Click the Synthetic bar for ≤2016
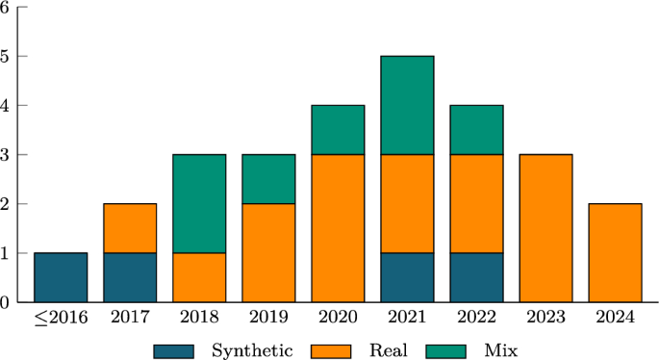tap(61, 277)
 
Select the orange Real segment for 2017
tap(130, 228)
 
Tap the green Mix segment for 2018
tap(199, 203)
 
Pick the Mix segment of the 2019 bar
tap(268, 179)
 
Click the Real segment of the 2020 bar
tap(338, 228)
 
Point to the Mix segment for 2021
tap(407, 105)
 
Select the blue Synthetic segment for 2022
tap(476, 277)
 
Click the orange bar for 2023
tap(545, 228)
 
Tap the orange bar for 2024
tap(615, 252)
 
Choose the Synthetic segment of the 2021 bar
tap(407, 277)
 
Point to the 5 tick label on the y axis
tap(6, 56)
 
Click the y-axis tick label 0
tap(6, 302)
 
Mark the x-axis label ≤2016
tap(60, 319)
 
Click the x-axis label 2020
tap(338, 319)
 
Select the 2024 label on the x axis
tap(615, 319)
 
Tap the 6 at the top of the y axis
tap(6, 7)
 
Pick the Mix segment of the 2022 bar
tap(476, 130)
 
